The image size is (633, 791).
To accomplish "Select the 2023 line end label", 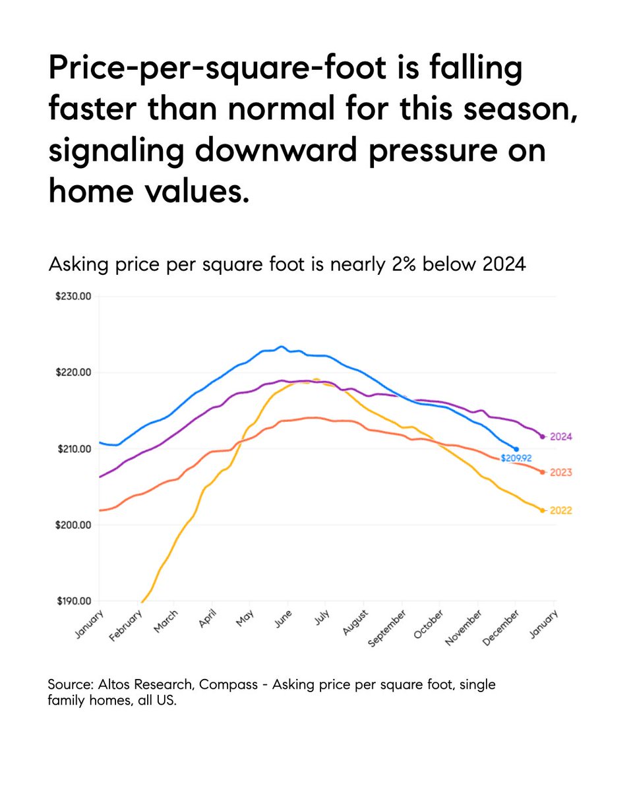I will (559, 473).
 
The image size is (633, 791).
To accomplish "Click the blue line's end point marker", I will (516, 449).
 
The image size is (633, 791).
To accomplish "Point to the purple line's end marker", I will (542, 436).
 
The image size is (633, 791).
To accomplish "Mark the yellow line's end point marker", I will (542, 510).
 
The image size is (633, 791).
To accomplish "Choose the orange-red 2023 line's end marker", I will (542, 472).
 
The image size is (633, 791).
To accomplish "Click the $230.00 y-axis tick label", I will (73, 297).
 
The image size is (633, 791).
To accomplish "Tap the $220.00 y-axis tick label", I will (73, 373).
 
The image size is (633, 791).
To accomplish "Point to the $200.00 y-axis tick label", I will (73, 525).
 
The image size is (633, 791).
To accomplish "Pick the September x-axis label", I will (387, 627).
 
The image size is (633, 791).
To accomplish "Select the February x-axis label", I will (127, 625).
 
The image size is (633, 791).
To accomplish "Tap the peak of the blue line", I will (281, 346).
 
